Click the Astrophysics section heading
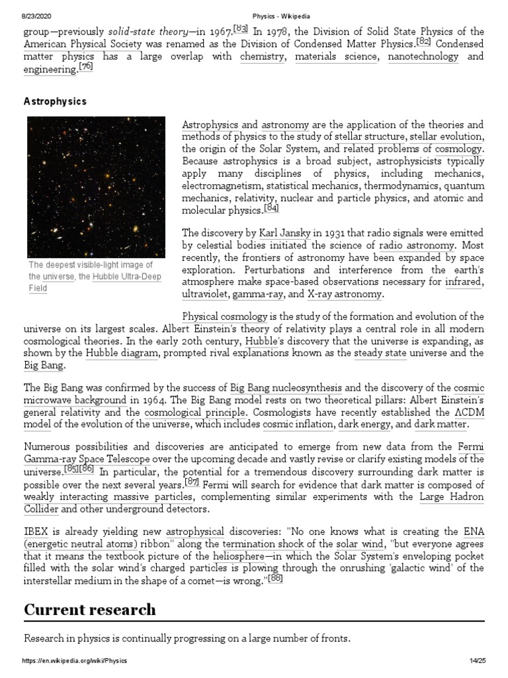click(55, 102)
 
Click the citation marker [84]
click(271, 209)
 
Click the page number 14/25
click(474, 661)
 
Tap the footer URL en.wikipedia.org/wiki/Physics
click(75, 661)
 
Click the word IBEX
click(36, 531)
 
